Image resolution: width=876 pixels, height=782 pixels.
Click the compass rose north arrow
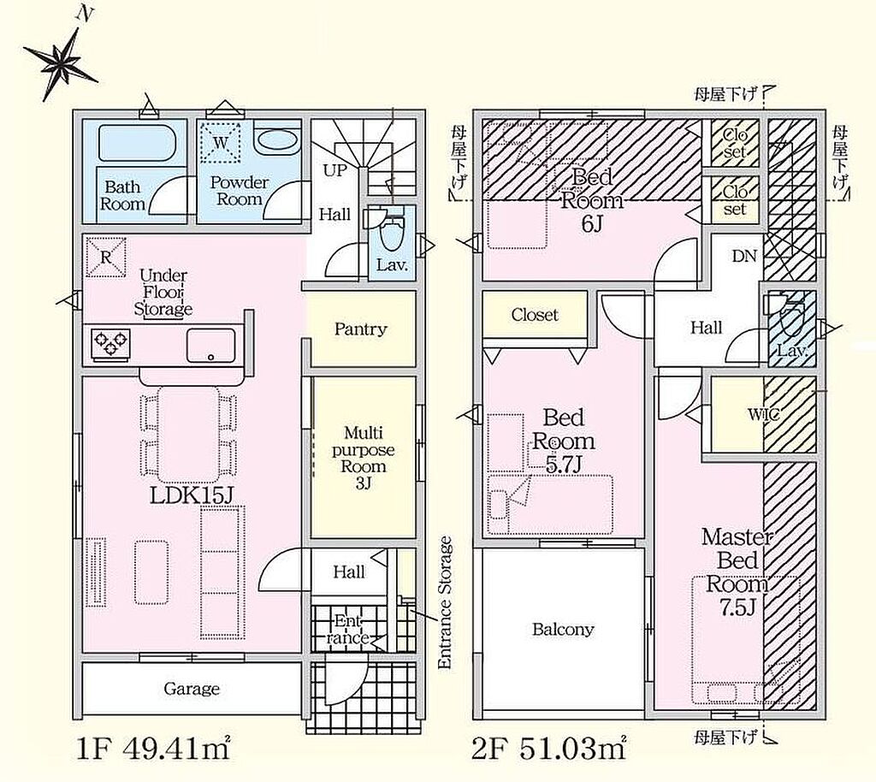point(62,58)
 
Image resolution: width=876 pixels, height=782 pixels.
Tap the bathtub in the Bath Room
point(138,142)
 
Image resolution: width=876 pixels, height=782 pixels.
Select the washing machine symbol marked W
point(221,142)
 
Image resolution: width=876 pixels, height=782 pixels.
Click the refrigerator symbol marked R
point(105,257)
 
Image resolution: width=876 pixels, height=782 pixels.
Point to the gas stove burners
point(110,343)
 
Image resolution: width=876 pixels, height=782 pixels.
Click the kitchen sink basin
point(210,346)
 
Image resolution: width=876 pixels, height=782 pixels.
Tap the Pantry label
point(360,329)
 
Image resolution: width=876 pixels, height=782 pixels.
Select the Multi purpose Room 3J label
point(363,458)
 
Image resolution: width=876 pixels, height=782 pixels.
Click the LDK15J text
point(191,496)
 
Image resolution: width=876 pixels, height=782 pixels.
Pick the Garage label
point(192,689)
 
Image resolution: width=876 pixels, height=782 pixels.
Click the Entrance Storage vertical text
point(445,602)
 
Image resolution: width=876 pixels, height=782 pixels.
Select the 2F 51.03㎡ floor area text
point(548,749)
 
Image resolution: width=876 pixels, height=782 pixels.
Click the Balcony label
point(563,630)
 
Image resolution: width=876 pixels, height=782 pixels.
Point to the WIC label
point(764,414)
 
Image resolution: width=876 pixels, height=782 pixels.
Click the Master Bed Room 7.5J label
point(737,572)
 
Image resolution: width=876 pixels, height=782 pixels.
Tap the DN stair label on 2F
point(744,257)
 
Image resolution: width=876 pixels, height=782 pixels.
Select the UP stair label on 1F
point(335,170)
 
